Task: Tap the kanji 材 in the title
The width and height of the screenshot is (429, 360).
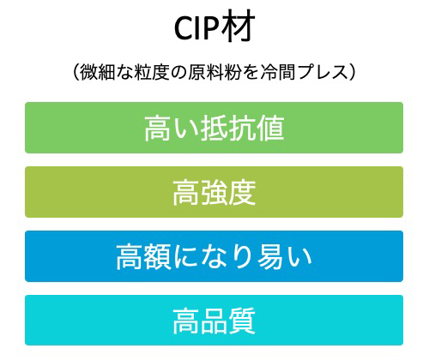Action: tap(238, 27)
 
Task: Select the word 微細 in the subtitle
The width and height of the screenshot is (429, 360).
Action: tap(97, 72)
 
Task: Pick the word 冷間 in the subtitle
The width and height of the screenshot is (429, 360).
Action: tap(278, 72)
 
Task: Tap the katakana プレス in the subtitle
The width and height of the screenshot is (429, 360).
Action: tap(323, 72)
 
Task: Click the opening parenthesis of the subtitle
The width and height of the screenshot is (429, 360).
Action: tap(76, 72)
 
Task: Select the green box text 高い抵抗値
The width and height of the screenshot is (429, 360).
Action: tap(214, 128)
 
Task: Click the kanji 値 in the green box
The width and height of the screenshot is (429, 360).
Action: tap(270, 128)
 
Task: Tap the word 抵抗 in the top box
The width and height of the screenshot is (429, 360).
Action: tap(228, 128)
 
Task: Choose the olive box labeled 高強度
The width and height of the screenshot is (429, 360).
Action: tap(214, 192)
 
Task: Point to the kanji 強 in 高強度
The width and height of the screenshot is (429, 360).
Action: tap(214, 192)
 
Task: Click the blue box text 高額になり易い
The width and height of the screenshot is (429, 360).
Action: tap(214, 256)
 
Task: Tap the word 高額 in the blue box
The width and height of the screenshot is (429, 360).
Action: tap(143, 256)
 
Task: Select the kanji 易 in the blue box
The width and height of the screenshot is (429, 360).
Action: tap(271, 256)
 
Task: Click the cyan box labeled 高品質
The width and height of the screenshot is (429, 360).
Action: tap(214, 321)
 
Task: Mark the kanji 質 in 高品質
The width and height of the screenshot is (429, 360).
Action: tap(242, 321)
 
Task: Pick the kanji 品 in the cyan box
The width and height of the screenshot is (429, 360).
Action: tap(214, 321)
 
